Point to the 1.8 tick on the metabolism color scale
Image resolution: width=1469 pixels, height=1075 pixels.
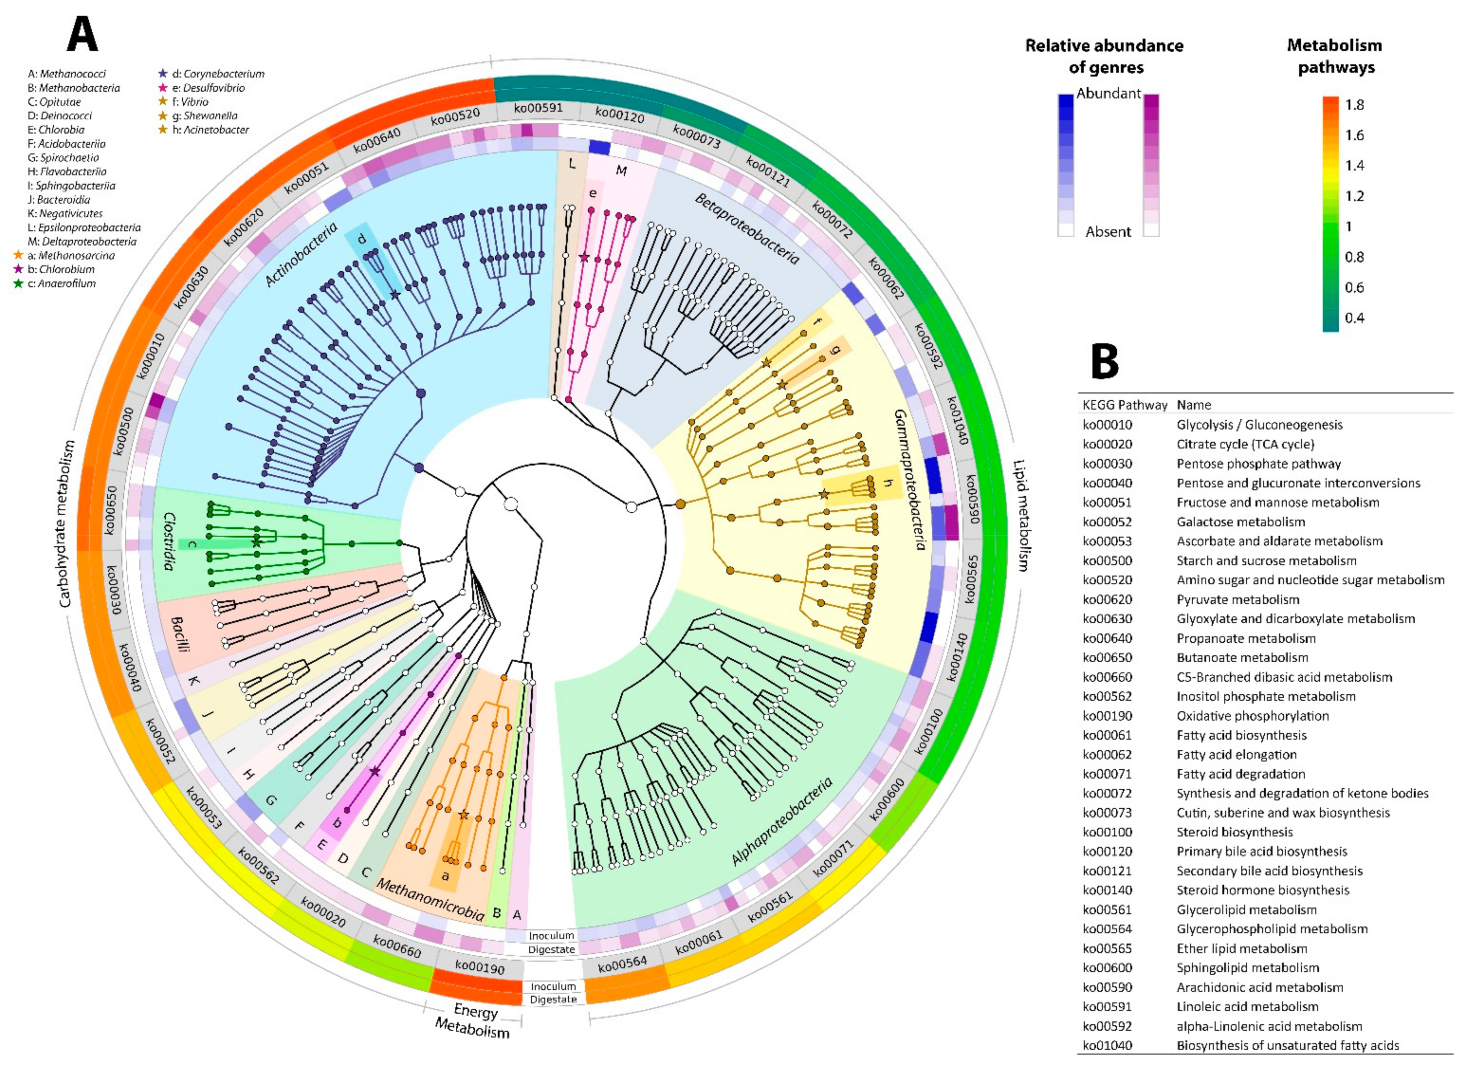(1355, 105)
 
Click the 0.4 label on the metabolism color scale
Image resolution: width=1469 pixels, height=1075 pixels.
(1355, 318)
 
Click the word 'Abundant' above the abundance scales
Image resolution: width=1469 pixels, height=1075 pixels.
(1108, 93)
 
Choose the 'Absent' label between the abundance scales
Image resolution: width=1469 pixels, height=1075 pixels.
(1108, 232)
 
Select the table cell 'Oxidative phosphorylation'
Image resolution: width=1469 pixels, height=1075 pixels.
(1252, 716)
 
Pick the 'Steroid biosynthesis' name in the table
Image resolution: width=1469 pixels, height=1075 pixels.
(1234, 832)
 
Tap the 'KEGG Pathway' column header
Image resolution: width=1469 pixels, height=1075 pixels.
(1124, 405)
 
